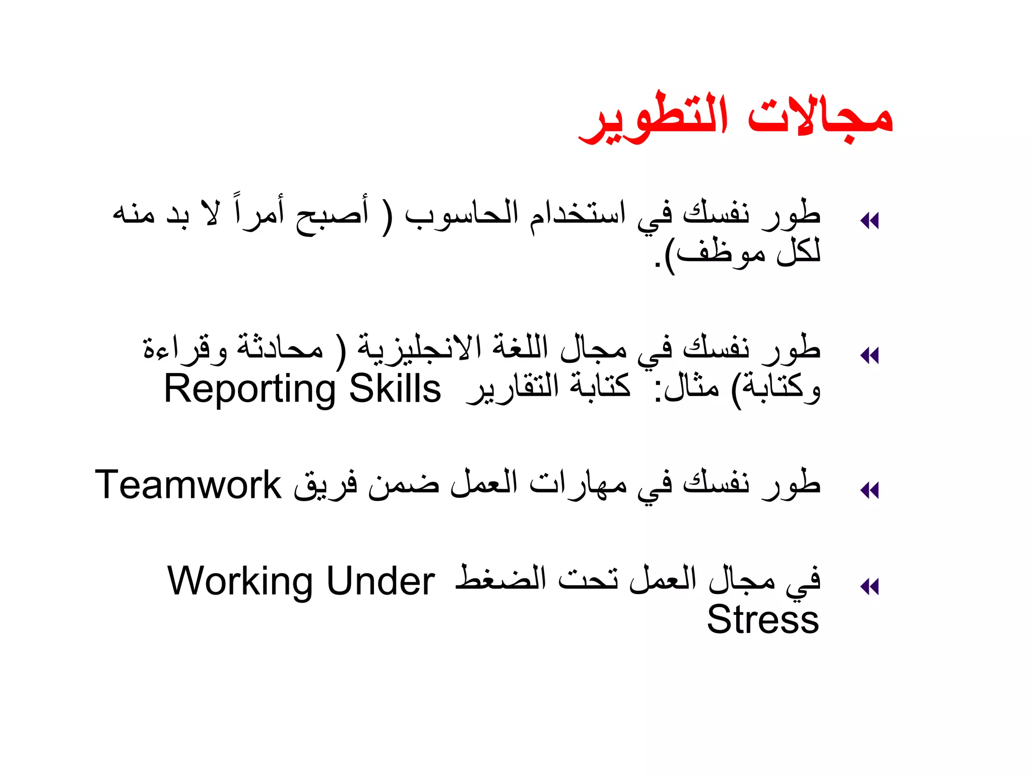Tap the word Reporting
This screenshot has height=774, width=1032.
point(250,390)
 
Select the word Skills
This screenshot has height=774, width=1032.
point(395,389)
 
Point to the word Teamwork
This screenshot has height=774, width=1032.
point(188,485)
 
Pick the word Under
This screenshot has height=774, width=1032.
point(380,581)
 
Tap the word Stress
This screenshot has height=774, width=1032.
point(763,619)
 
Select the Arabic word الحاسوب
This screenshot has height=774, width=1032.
point(461,214)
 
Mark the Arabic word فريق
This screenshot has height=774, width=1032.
point(326,485)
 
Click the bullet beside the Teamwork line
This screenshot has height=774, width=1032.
point(870,490)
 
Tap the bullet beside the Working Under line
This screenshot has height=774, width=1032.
point(870,587)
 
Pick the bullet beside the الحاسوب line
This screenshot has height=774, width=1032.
point(870,221)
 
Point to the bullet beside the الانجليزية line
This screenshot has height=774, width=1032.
point(870,356)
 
